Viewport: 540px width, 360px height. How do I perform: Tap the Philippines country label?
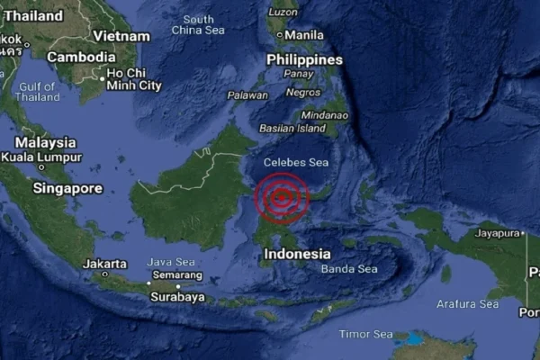click(x=305, y=59)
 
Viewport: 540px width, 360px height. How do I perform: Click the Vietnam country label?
click(x=121, y=36)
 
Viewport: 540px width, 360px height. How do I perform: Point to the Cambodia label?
click(x=81, y=56)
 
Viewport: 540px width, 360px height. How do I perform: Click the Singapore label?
click(x=67, y=189)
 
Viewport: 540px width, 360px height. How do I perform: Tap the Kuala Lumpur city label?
click(x=42, y=157)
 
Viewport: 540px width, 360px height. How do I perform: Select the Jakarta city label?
click(x=103, y=264)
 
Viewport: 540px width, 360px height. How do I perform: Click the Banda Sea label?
click(x=349, y=269)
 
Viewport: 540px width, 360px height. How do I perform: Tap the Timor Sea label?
click(x=365, y=334)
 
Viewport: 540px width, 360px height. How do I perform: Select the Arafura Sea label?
click(x=466, y=304)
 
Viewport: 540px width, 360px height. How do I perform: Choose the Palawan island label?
click(x=247, y=94)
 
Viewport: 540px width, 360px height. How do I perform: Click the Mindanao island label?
click(x=324, y=115)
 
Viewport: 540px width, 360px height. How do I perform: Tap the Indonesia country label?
click(x=297, y=255)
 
